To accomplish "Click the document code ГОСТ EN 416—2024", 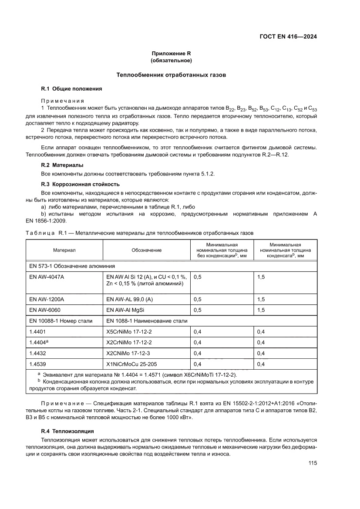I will [285, 37].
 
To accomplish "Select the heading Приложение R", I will [171, 54].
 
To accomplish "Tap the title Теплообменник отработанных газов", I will [171, 75].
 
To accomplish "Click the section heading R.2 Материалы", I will [62, 165].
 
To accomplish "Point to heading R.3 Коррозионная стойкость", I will [80, 184].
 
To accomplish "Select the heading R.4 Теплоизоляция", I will [67, 431].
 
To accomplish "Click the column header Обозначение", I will [146, 250].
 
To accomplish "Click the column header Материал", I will [64, 250].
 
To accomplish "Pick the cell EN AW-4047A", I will [47, 276].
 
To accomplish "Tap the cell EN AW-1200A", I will [47, 299].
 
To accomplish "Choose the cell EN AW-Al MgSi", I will [128, 310].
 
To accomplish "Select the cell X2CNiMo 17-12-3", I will [129, 353].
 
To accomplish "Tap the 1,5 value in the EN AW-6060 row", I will [261, 310].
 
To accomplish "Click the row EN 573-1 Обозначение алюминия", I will [72, 265].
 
